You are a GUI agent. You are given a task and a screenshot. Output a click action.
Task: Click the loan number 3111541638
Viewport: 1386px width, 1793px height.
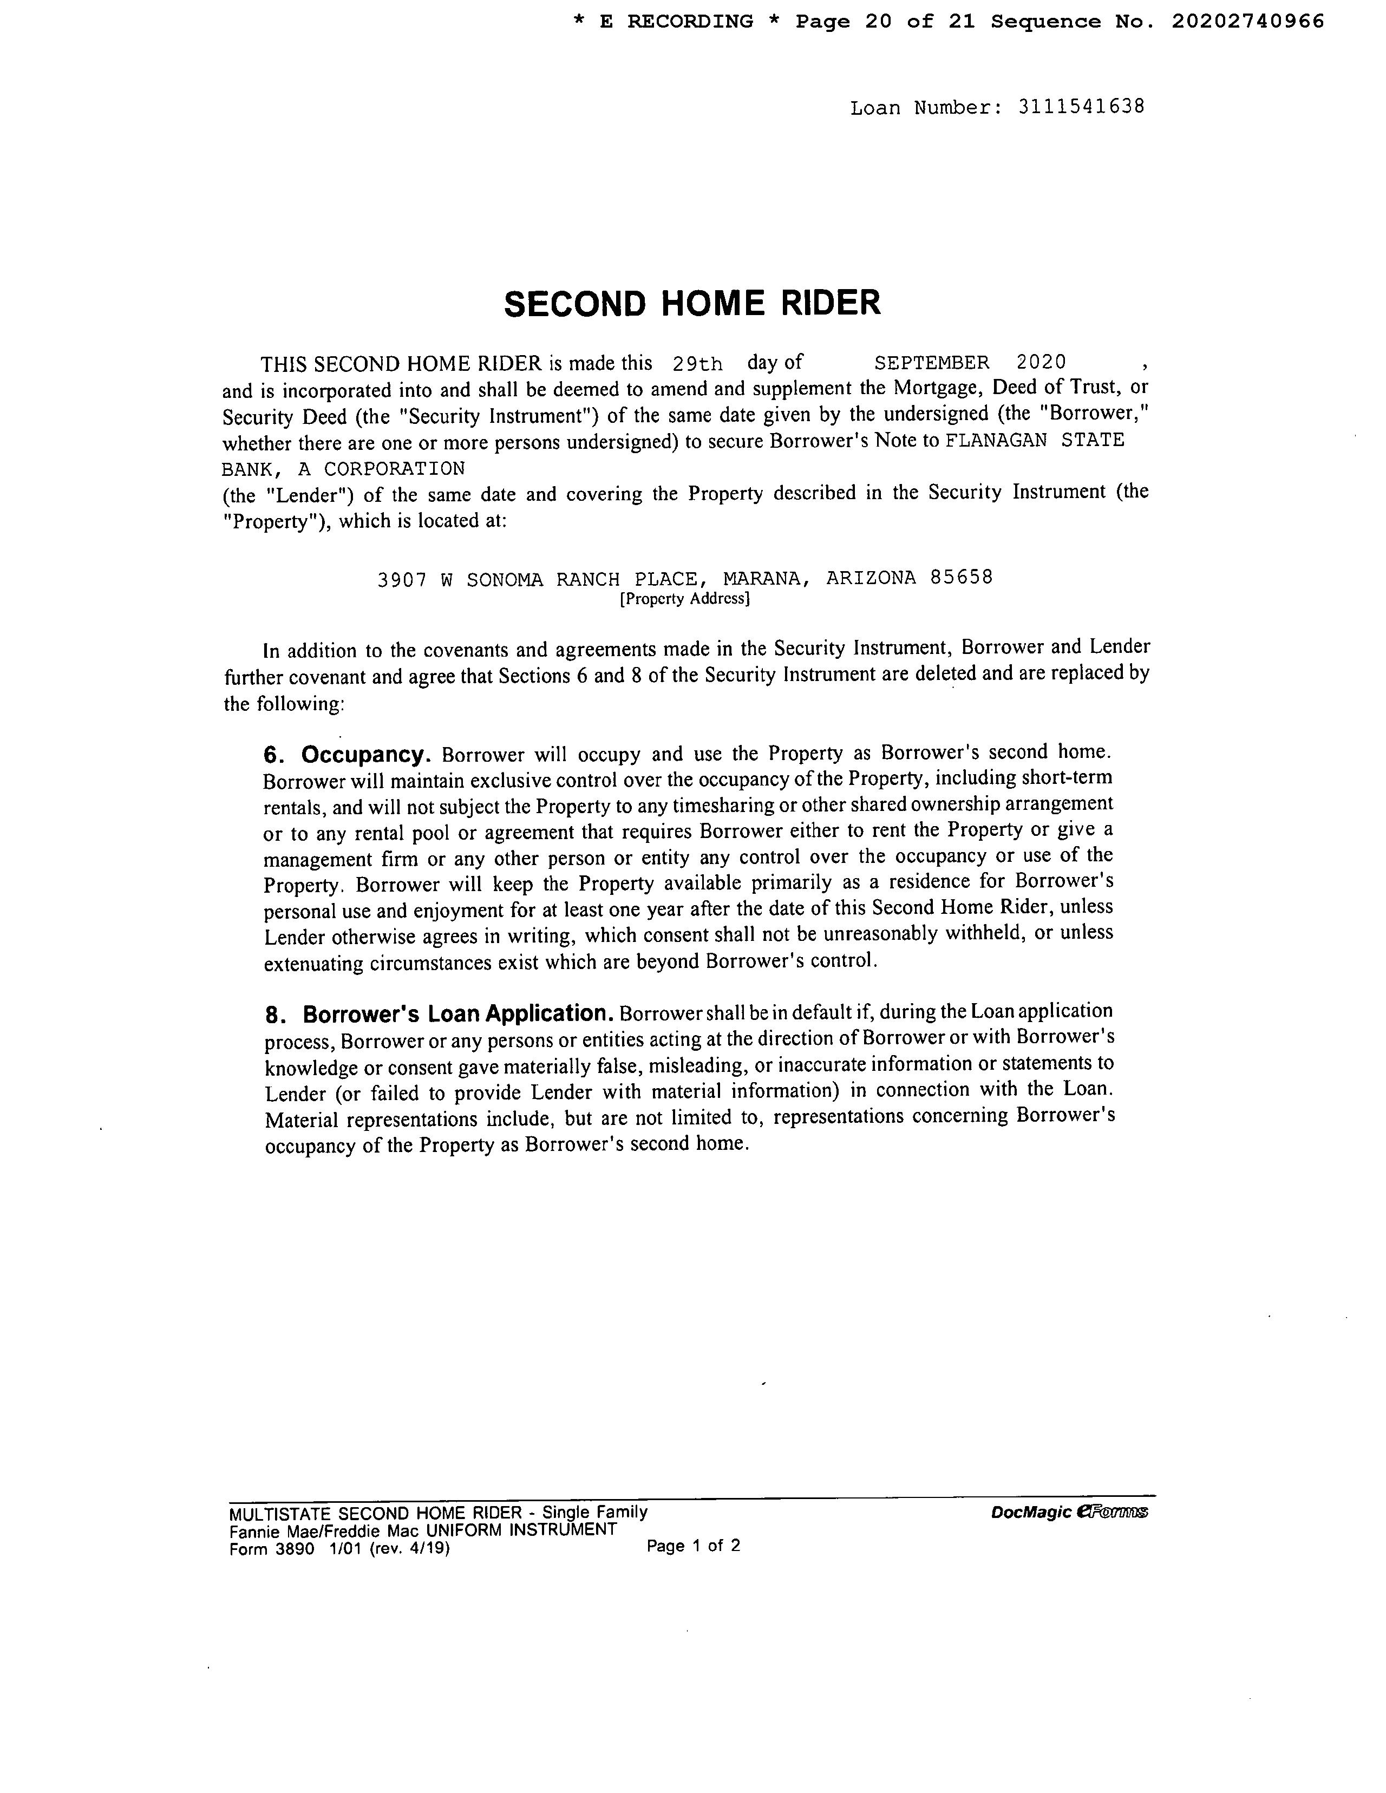(x=1081, y=108)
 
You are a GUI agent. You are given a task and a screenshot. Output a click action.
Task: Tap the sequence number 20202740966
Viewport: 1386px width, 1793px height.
(x=1247, y=22)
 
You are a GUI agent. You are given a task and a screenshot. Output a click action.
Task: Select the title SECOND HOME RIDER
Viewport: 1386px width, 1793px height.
(x=691, y=304)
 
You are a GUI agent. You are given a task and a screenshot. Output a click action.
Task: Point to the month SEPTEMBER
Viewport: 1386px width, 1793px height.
(x=931, y=363)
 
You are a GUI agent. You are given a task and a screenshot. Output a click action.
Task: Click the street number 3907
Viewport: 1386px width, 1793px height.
(x=402, y=580)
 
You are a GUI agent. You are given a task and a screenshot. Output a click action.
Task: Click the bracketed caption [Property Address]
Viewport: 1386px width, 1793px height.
(x=685, y=599)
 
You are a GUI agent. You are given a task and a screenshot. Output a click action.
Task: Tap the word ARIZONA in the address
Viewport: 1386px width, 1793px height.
(x=871, y=578)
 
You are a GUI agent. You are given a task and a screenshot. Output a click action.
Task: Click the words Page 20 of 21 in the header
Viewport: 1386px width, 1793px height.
(x=885, y=22)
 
